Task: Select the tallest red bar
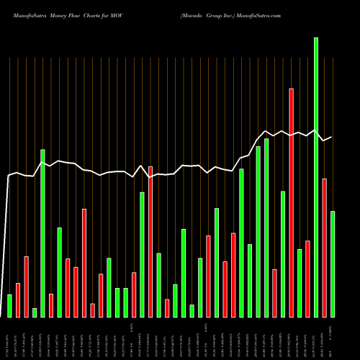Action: (291, 202)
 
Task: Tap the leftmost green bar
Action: (9, 305)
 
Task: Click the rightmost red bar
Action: (324, 248)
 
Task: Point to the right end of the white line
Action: (331, 137)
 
